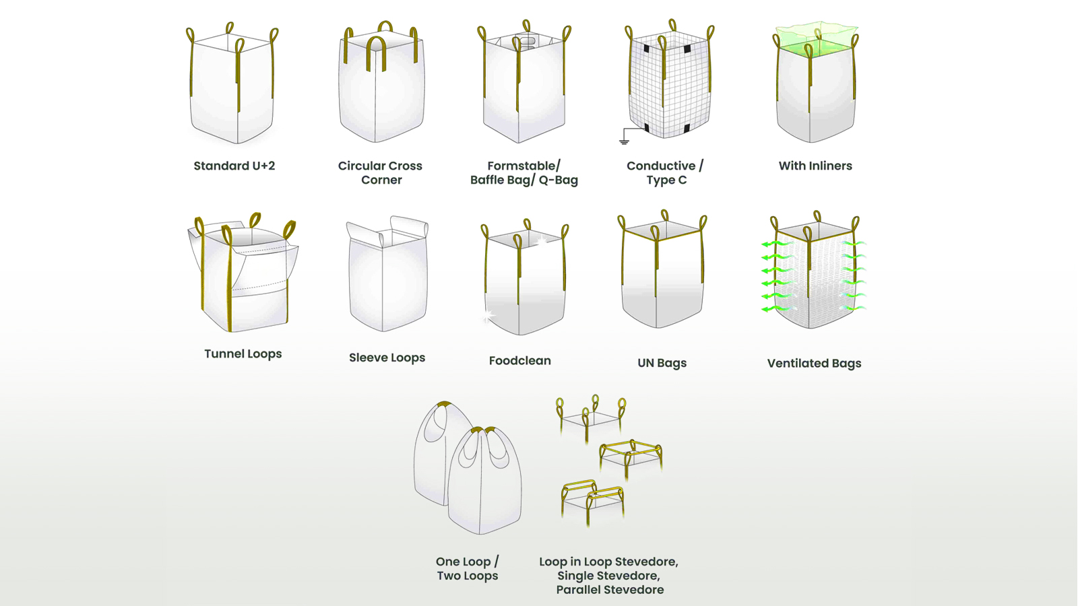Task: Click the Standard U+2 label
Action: click(234, 166)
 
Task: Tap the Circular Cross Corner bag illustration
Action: click(381, 88)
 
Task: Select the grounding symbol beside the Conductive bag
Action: click(624, 139)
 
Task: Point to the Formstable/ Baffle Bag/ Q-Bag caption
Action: click(524, 173)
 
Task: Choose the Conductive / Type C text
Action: click(665, 173)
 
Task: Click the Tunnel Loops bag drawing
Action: click(243, 276)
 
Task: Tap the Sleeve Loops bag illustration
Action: click(387, 276)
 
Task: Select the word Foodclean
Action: click(519, 361)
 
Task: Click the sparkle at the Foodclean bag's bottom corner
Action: click(488, 315)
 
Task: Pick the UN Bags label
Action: click(662, 363)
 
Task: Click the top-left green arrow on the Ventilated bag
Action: click(772, 244)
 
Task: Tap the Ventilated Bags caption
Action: click(814, 364)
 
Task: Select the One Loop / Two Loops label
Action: click(467, 568)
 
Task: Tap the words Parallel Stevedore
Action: click(610, 590)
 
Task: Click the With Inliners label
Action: click(815, 166)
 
